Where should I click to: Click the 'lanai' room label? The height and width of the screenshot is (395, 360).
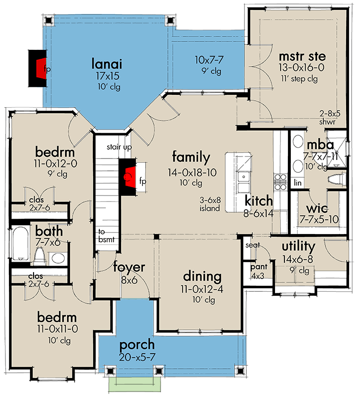106,64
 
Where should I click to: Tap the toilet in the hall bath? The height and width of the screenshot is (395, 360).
40,254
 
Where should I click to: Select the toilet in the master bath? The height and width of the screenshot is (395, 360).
337,178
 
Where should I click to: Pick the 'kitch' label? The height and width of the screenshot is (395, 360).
259,200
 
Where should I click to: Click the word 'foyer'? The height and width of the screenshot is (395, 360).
129,267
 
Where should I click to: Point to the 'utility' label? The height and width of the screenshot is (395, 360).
298,246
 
